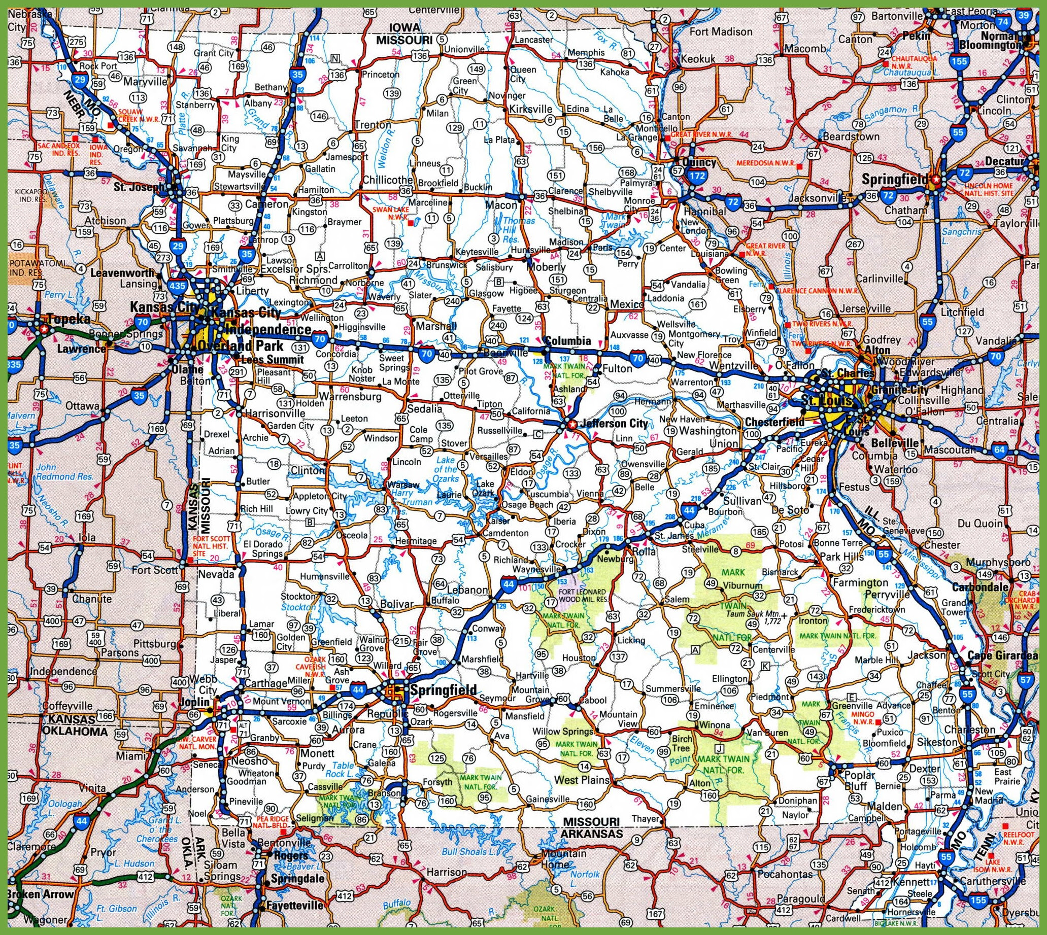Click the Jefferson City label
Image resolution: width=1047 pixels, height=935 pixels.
click(613, 424)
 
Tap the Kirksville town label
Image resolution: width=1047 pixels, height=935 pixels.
click(530, 109)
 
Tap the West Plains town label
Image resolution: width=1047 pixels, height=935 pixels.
click(581, 780)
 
